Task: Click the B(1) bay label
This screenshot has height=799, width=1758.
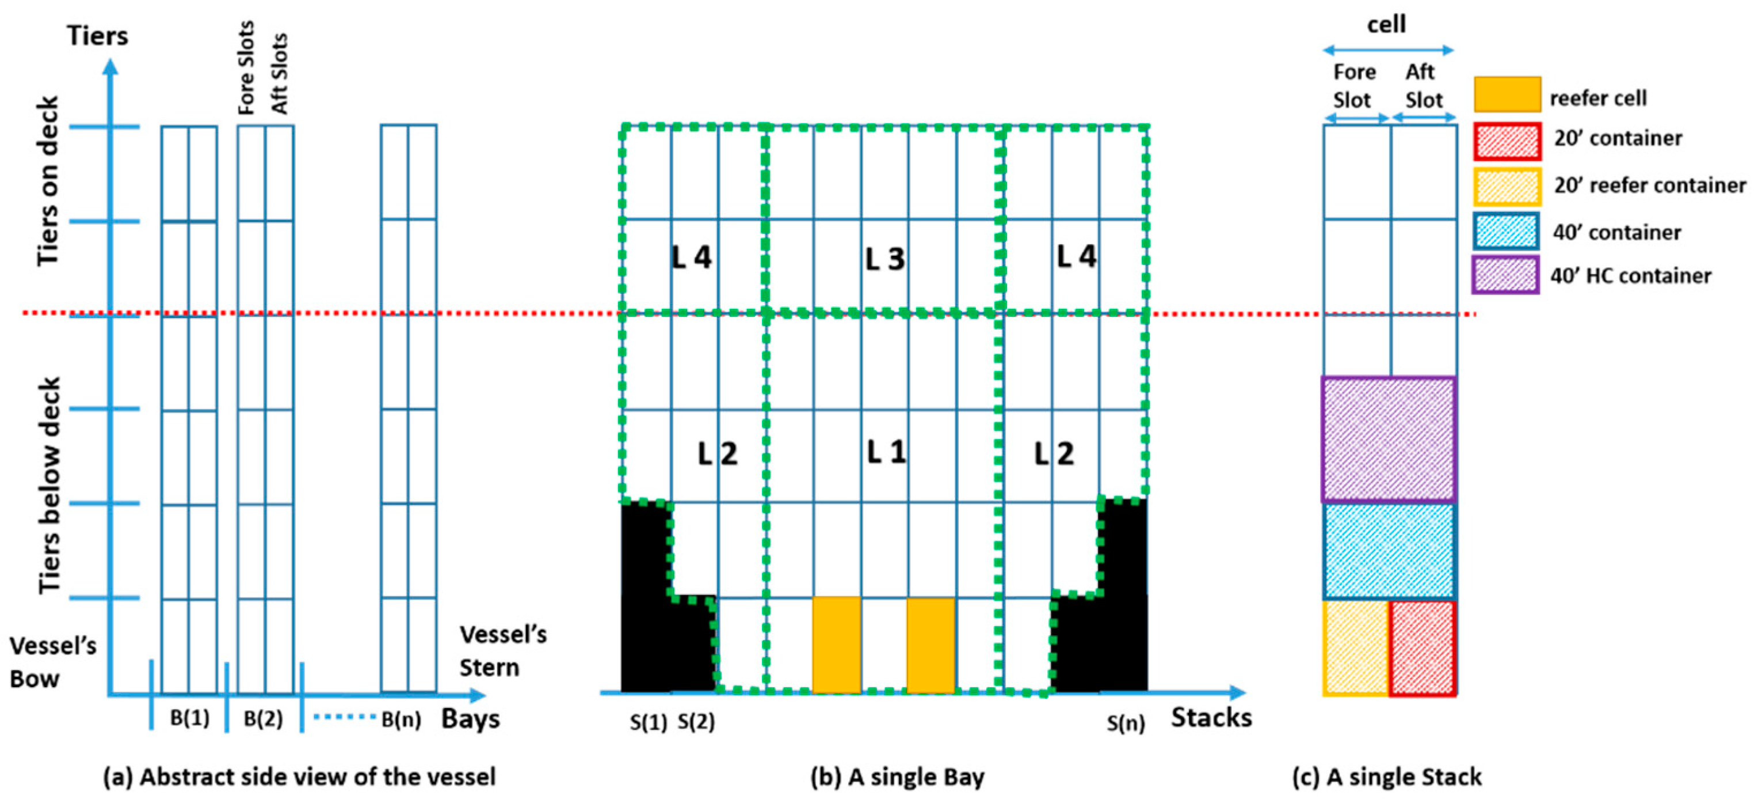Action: coord(189,718)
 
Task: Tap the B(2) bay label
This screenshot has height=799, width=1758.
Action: coord(263,718)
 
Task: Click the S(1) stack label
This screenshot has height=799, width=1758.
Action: coord(647,722)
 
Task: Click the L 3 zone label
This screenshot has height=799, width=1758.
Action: coord(884,259)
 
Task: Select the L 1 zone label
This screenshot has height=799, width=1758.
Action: coord(886,452)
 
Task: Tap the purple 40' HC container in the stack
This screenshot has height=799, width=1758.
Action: coord(1389,439)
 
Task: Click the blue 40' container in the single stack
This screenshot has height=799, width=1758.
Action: coord(1389,550)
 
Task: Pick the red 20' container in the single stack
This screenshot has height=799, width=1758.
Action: coord(1423,647)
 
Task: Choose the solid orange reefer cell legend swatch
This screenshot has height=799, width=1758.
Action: coord(1507,94)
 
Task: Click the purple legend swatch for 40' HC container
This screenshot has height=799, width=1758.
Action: coord(1505,275)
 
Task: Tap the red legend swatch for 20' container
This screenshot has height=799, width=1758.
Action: coord(1507,141)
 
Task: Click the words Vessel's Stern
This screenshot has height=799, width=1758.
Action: coord(502,650)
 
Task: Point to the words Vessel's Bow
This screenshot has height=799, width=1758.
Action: coord(52,662)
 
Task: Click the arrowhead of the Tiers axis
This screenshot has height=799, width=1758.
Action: coord(110,66)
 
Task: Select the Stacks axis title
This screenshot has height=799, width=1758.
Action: coord(1211,718)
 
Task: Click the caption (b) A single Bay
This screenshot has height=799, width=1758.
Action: coord(897,777)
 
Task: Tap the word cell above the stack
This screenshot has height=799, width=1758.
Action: coord(1386,25)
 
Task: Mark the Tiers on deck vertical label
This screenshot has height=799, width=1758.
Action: coord(48,181)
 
